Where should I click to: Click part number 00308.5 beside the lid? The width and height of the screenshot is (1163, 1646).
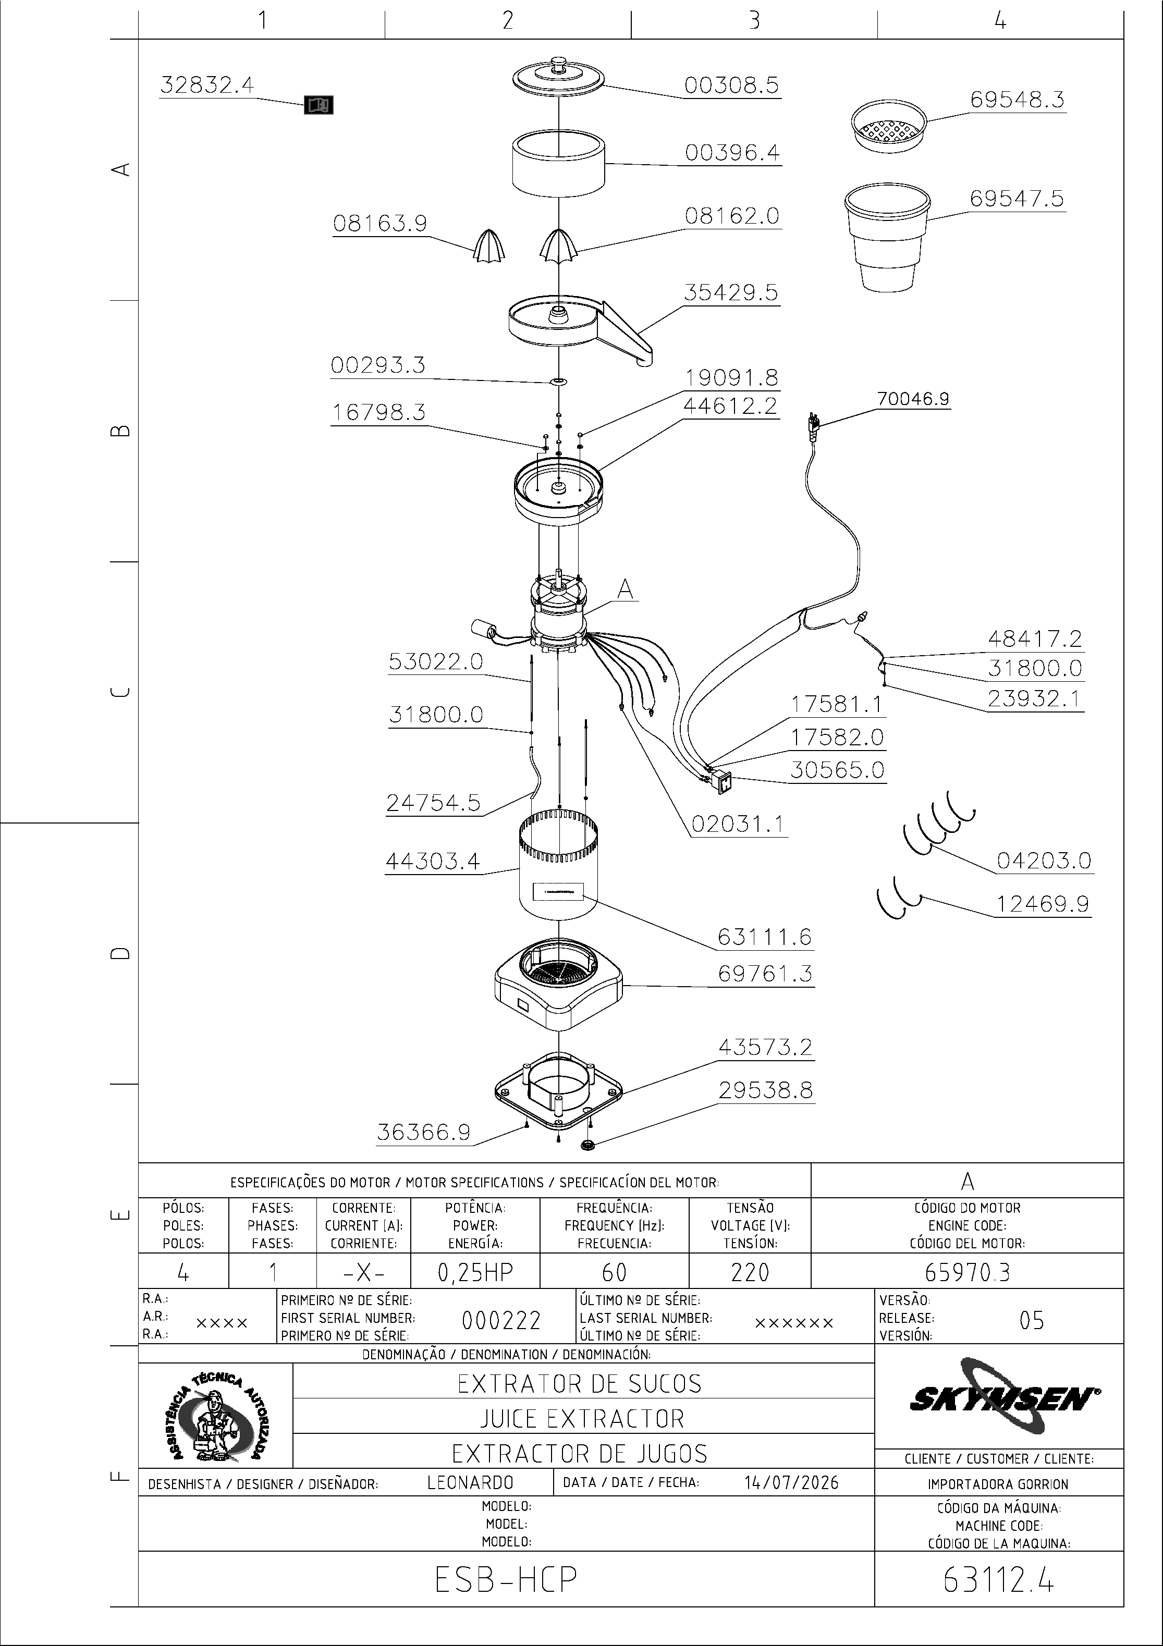731,85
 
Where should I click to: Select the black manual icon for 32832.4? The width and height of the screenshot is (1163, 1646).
319,105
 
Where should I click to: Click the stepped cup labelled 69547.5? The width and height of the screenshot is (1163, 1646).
887,237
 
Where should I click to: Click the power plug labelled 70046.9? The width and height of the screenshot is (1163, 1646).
813,425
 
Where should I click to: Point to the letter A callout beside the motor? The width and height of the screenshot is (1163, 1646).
625,589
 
